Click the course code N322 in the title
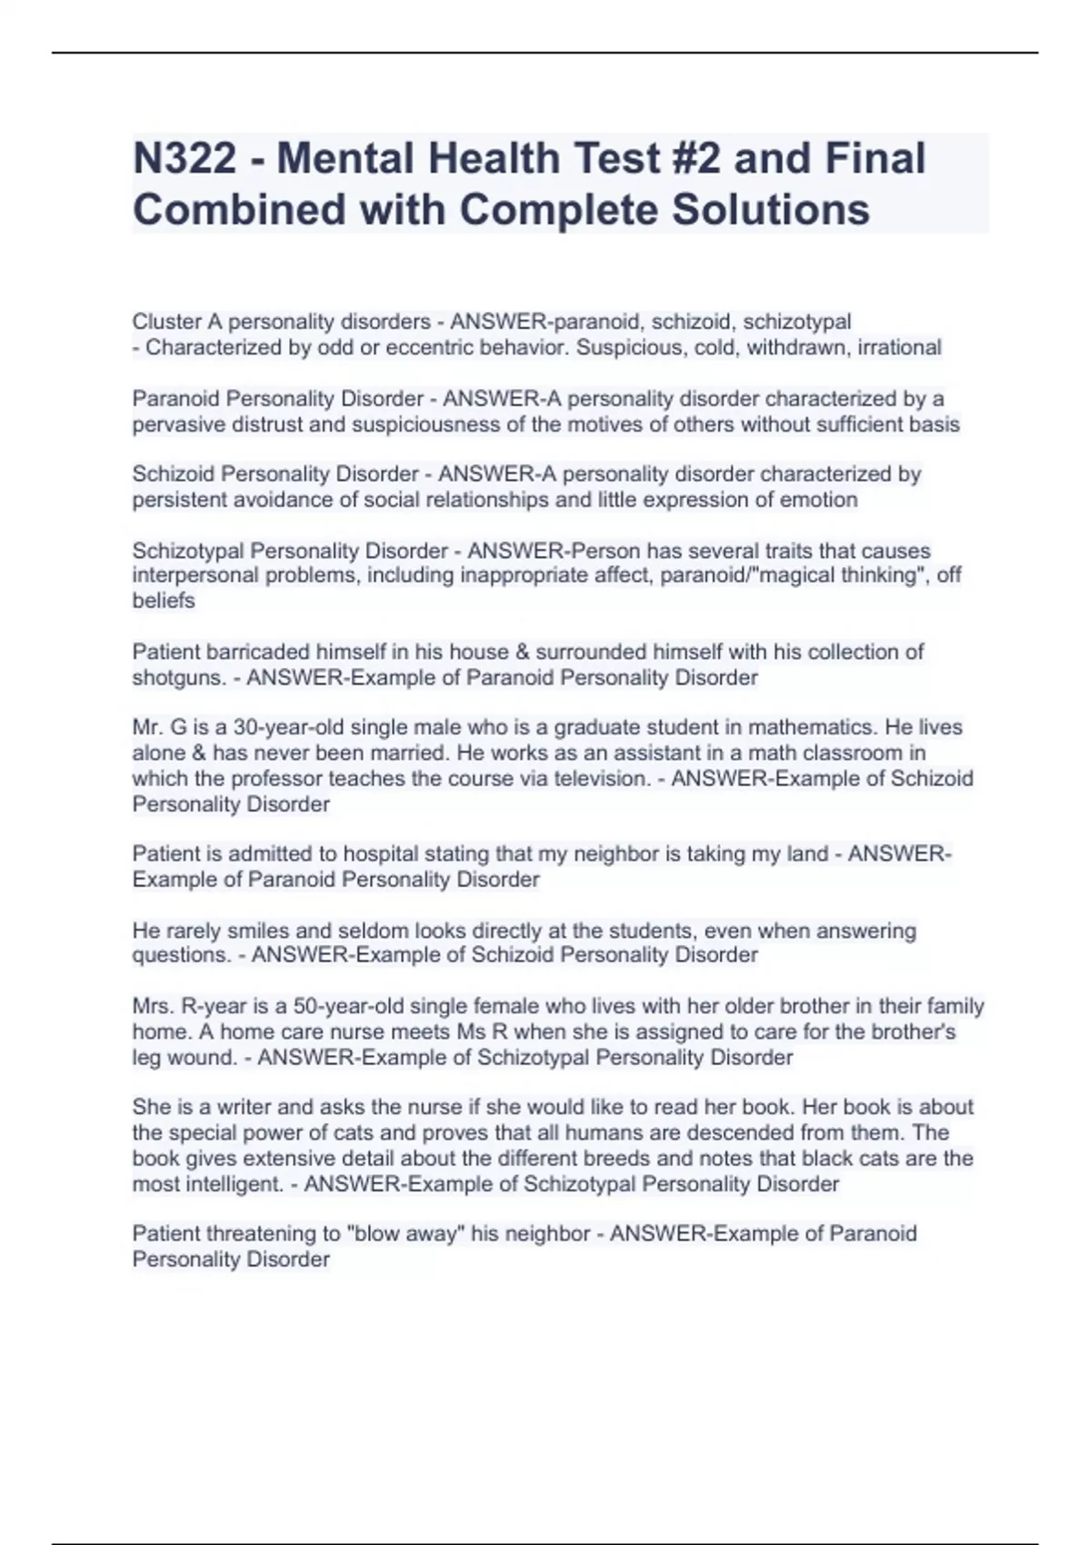coord(184,158)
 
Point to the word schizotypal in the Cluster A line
coord(797,322)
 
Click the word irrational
coord(899,347)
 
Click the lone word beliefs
coord(164,601)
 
